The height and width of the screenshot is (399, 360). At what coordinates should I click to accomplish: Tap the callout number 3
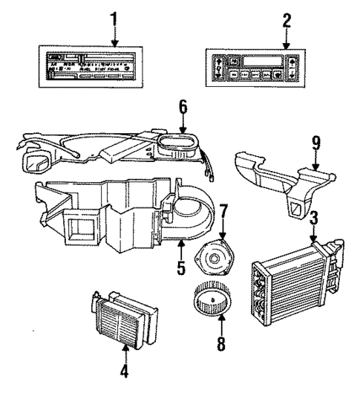[x=314, y=219]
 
